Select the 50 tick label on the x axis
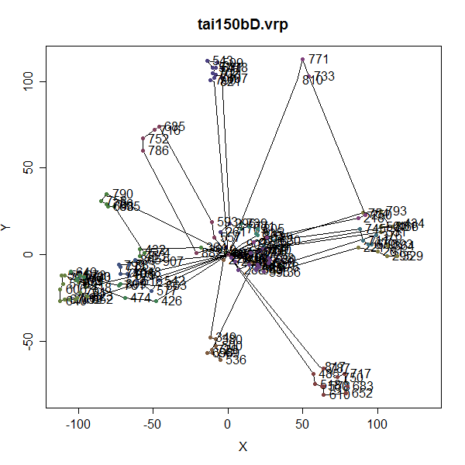(x=302, y=425)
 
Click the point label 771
(x=319, y=59)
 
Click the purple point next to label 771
(x=302, y=60)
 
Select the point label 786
(x=158, y=150)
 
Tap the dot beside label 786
(x=143, y=150)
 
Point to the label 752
(x=158, y=139)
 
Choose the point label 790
(x=122, y=194)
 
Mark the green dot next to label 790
(x=106, y=195)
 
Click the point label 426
(x=171, y=301)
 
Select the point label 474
(x=140, y=298)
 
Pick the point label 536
(x=236, y=360)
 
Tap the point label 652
(x=363, y=394)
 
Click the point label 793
(x=396, y=211)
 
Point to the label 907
(x=173, y=262)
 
